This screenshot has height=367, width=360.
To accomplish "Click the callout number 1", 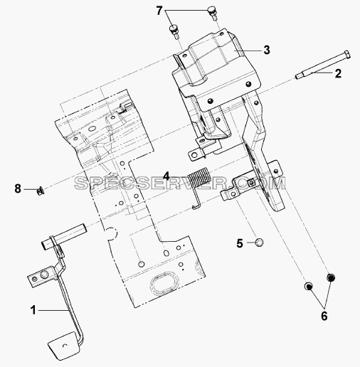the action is point(33,310).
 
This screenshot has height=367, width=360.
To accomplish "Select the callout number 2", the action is point(338,73).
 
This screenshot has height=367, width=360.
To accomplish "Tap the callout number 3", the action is point(267,50).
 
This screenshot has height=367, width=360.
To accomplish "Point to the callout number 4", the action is point(166,176).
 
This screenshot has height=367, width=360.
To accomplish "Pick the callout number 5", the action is point(240,243).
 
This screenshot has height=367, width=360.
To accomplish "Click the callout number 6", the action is point(324,316).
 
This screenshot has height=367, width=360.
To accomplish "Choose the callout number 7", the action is point(159,11).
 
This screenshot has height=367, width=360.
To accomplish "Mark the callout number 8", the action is point(18,189).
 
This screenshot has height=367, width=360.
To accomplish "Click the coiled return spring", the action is point(200,187).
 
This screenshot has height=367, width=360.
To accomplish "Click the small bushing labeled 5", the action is point(259,243).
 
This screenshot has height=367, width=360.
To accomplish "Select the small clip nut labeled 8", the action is point(41,191).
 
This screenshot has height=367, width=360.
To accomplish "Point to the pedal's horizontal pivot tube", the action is point(64,235).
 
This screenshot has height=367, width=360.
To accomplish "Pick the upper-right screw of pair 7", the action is point(213,14).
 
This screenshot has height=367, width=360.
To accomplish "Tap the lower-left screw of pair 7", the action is point(174,31).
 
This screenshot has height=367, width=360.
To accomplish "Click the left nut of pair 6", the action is point(308,286).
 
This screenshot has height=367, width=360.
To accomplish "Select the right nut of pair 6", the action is point(331,277).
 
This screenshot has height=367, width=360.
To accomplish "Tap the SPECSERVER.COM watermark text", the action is point(180,183).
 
